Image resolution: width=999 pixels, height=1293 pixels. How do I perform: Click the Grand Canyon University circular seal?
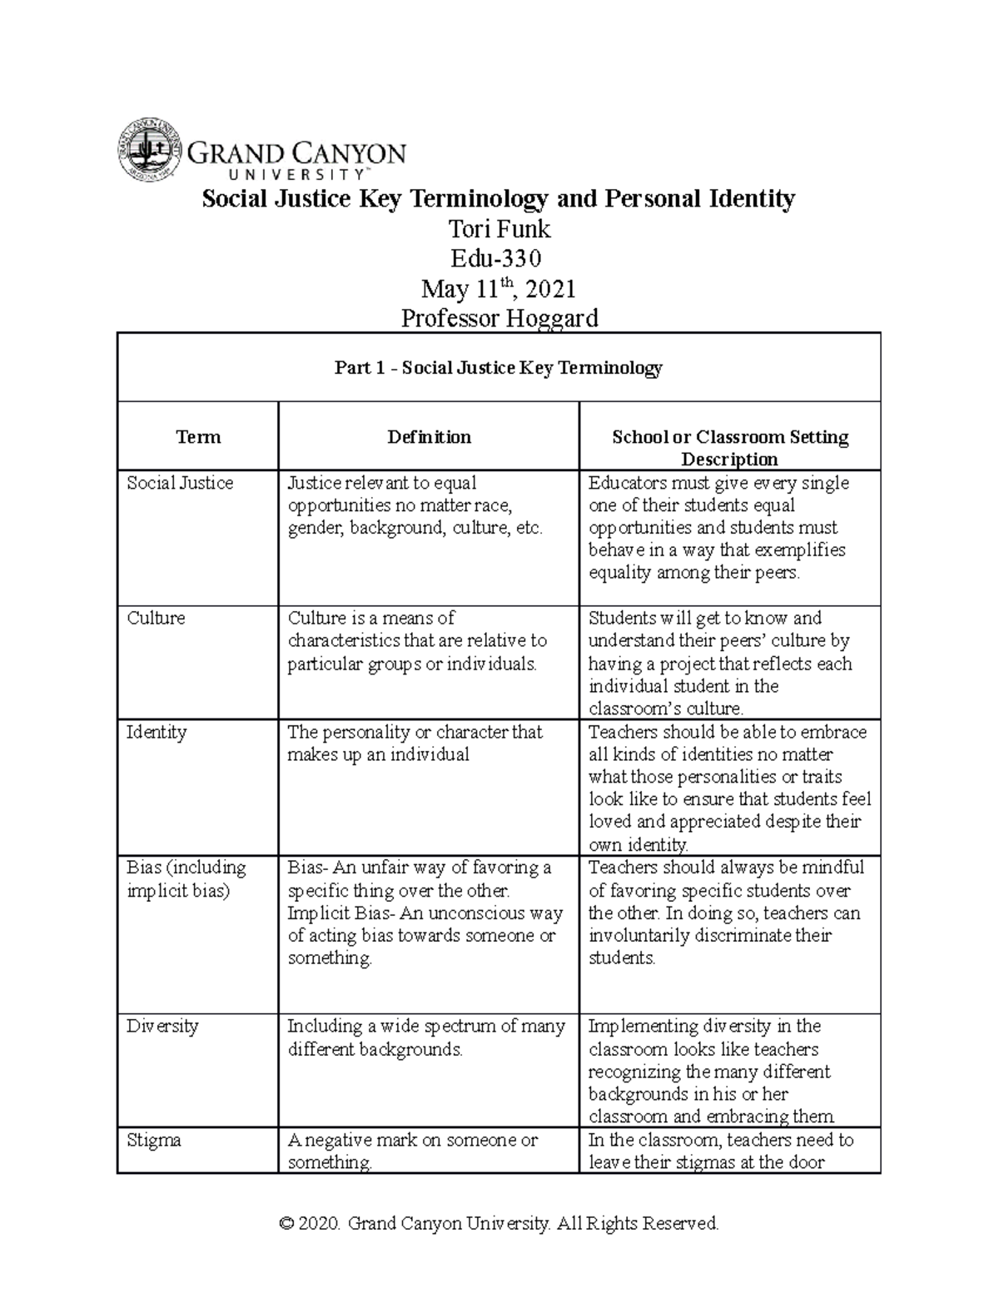coord(148,151)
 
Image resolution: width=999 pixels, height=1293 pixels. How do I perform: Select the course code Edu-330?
coord(499,258)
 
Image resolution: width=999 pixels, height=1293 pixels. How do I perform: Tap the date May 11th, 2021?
coord(499,288)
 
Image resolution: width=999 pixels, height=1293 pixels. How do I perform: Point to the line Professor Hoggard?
coord(499,318)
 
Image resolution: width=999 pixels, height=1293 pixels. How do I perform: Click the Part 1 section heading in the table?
coord(498,368)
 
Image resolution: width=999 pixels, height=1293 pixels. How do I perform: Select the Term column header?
coord(198,437)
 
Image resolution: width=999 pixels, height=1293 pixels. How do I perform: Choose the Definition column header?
coord(429,437)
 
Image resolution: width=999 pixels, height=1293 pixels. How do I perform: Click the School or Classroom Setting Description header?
coord(729,448)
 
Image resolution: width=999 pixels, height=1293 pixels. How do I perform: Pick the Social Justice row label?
coord(180,483)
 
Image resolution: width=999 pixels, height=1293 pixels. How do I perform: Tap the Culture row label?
coord(156,618)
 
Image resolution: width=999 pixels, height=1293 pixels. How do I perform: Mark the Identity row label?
coord(157,733)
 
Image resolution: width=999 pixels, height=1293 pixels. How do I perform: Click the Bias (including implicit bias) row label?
coord(186,878)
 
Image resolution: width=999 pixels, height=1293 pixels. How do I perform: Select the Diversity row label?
coord(162,1026)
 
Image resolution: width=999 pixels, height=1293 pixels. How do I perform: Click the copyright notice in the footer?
coord(499,1223)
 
